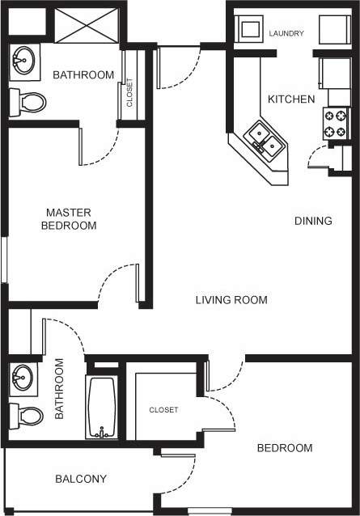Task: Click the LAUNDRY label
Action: (x=286, y=33)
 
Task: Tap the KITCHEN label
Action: (x=290, y=99)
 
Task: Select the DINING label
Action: (x=312, y=221)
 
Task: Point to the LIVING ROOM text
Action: (x=231, y=300)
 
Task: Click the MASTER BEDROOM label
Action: (x=69, y=219)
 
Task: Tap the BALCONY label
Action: (x=81, y=479)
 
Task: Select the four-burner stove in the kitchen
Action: (x=336, y=123)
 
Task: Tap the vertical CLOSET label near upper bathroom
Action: (x=129, y=92)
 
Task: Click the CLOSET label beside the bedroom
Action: (x=163, y=410)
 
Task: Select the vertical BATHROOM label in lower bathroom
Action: (x=59, y=388)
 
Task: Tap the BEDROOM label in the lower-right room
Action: (x=285, y=448)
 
